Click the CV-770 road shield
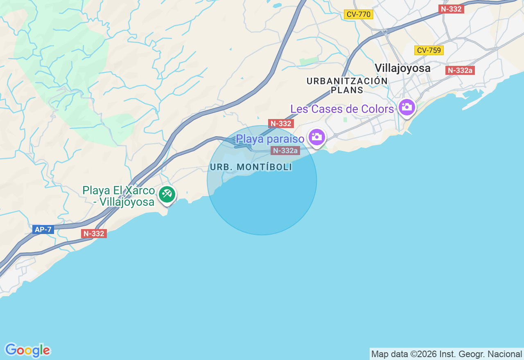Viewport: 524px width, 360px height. point(358,15)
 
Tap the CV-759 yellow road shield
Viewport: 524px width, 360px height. point(429,50)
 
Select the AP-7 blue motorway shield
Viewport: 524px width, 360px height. point(43,229)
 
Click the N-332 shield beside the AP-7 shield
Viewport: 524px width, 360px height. point(94,234)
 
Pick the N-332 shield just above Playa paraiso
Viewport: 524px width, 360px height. point(281,124)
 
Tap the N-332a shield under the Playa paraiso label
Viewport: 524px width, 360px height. point(285,151)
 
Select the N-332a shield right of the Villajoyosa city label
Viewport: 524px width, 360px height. point(460,70)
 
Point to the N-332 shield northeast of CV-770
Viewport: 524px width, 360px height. point(451,9)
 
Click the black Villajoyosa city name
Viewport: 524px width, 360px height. point(402,68)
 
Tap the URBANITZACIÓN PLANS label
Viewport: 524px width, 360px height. point(347,85)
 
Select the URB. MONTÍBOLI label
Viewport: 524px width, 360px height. point(251,167)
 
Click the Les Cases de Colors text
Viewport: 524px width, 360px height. point(342,109)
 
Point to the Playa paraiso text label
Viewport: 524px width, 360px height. point(270,139)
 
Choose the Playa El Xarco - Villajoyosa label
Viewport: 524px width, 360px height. point(119,196)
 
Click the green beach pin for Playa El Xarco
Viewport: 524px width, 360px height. point(167,194)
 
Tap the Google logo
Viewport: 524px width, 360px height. point(27,351)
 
